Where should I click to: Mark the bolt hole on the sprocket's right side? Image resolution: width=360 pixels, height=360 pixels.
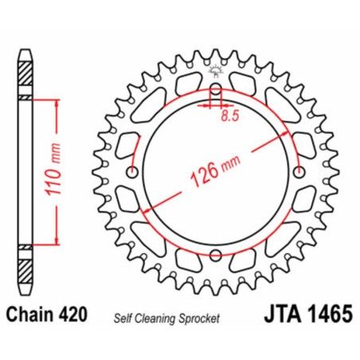point(299,173)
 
